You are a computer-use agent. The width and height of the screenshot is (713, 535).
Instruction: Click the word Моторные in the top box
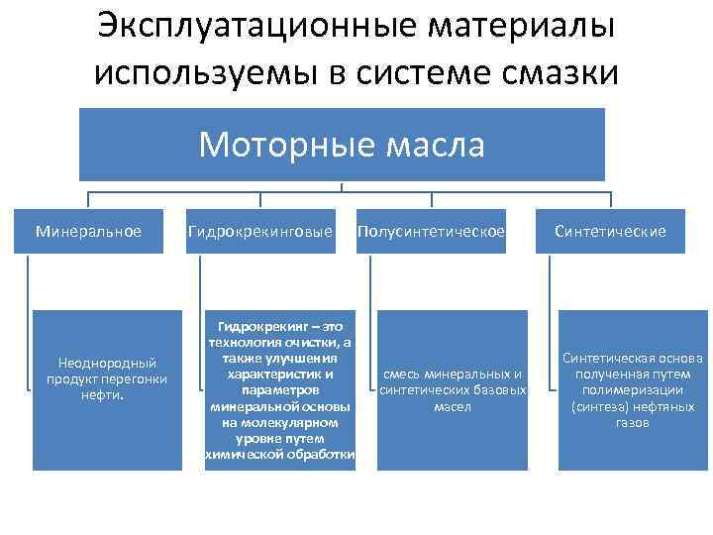pyautogui.click(x=273, y=145)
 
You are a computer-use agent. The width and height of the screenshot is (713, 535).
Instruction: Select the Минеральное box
pyautogui.click(x=88, y=232)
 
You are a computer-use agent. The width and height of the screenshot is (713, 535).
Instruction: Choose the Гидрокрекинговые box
pyautogui.click(x=260, y=232)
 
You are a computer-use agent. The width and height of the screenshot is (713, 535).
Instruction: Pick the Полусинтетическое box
pyautogui.click(x=432, y=232)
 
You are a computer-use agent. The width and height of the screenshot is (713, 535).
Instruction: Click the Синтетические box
pyautogui.click(x=610, y=232)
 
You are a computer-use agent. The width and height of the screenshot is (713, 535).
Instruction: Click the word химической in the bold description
pyautogui.click(x=246, y=454)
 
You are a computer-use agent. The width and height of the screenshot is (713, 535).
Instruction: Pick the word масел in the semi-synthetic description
pyautogui.click(x=453, y=406)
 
